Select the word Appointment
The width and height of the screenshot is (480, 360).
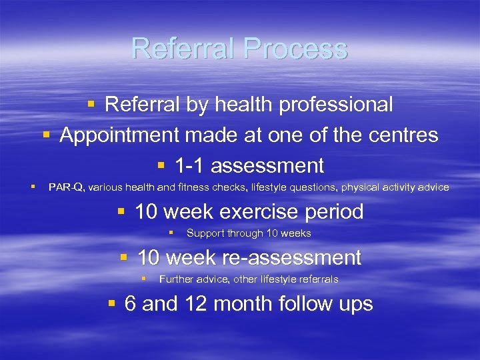(x=120, y=135)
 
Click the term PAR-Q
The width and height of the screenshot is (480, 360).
(x=66, y=187)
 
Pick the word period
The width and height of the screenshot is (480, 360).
(x=331, y=212)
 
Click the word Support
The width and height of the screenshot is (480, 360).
(x=205, y=233)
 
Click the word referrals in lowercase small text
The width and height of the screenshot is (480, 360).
(x=316, y=279)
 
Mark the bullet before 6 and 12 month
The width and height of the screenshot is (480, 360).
(x=112, y=304)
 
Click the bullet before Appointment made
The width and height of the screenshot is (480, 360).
(x=47, y=135)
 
